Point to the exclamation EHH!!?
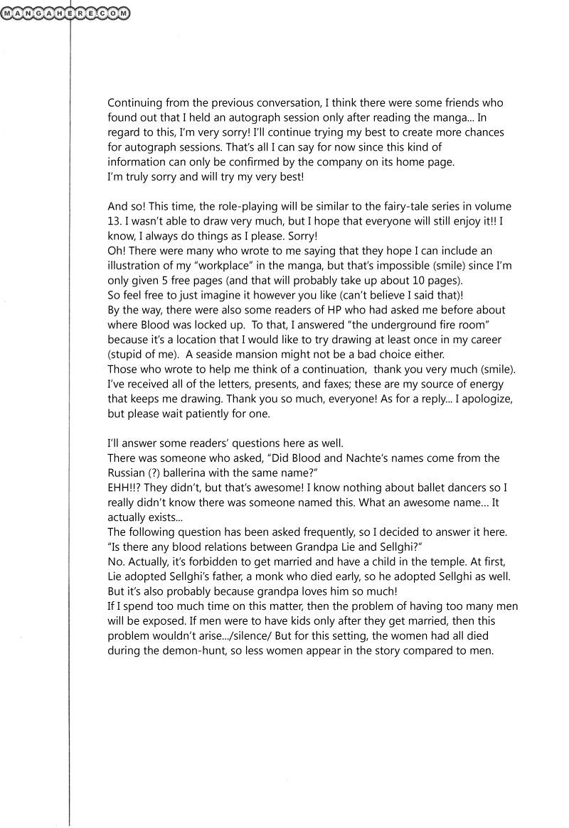[125, 487]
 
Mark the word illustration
[134, 265]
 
